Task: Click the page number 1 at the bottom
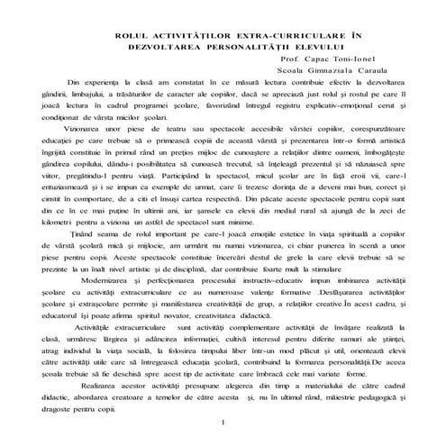point(222,423)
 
